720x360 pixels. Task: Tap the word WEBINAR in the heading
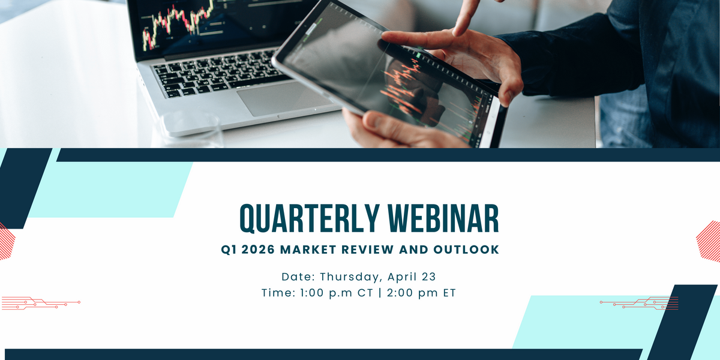[x=443, y=218]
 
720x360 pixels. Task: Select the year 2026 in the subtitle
[x=258, y=250]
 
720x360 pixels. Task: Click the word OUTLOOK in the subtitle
[x=466, y=250]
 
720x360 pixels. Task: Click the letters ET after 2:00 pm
[x=449, y=293]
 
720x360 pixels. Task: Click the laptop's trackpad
[x=284, y=98]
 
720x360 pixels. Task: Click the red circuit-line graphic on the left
[x=41, y=303]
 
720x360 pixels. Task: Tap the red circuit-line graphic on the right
[x=639, y=303]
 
